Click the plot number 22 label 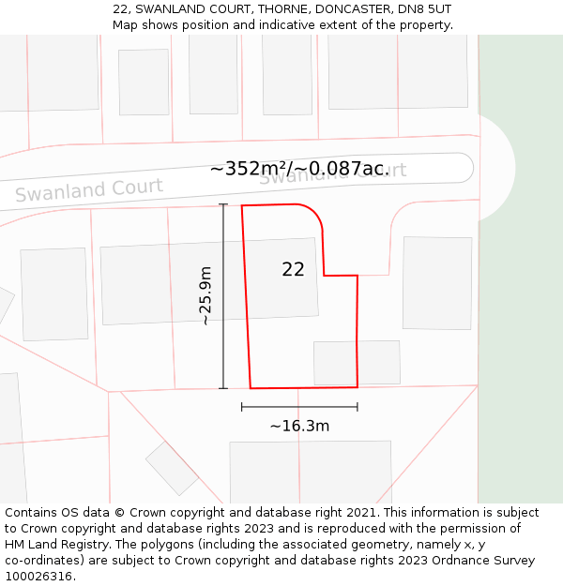tap(293, 269)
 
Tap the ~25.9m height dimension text tap(205, 295)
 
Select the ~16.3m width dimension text tap(299, 426)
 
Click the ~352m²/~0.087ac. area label tap(299, 169)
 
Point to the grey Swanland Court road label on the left tap(89, 190)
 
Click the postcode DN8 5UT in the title tap(425, 8)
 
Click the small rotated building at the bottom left tap(172, 468)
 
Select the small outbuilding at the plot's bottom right tap(357, 362)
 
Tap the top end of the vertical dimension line tap(223, 204)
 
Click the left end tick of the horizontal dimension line tap(242, 407)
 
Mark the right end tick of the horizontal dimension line tap(358, 407)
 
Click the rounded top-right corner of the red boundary tap(314, 212)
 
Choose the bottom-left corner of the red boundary tap(251, 387)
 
